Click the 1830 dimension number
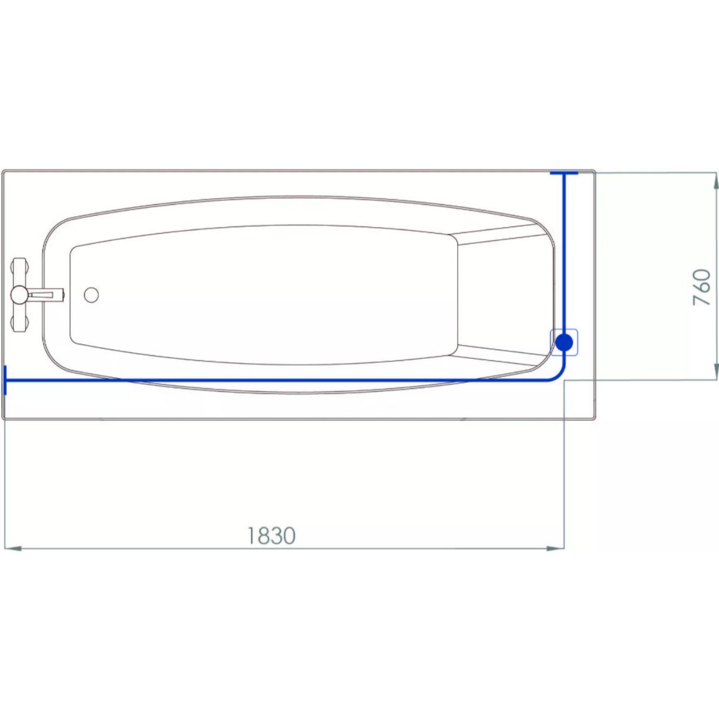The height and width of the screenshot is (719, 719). pos(271,536)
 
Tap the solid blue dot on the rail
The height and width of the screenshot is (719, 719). pos(564,342)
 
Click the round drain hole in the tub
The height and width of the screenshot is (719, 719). pos(92,295)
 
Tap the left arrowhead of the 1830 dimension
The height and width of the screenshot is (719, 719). pos(13,548)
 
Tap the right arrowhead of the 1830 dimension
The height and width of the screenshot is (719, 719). pos(555,548)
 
